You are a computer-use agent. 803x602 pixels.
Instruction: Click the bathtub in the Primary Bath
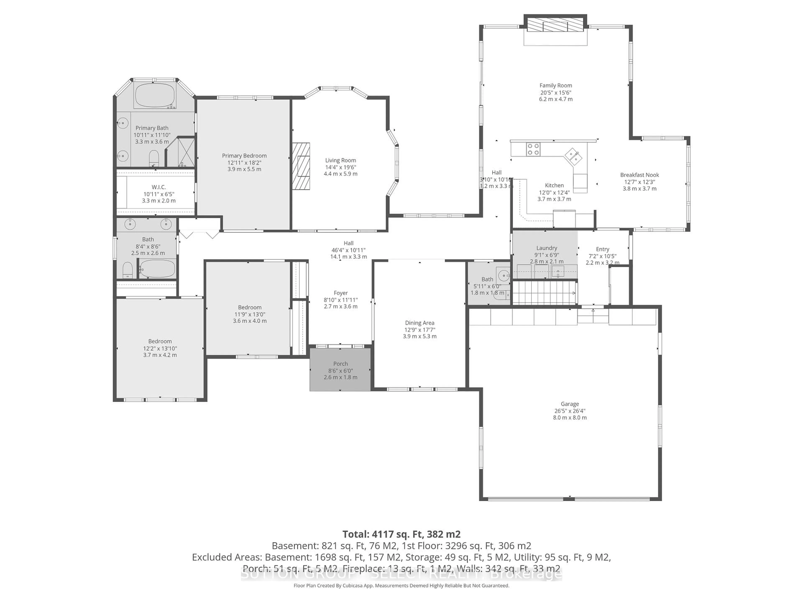[155, 96]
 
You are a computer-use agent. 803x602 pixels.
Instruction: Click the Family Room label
[555, 86]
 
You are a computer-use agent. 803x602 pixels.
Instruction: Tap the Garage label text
[570, 404]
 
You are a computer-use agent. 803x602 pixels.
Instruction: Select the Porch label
[340, 363]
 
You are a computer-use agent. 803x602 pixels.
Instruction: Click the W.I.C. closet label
[159, 187]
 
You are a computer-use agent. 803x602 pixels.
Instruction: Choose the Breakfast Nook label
[639, 175]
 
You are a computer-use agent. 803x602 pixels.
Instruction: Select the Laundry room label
[546, 248]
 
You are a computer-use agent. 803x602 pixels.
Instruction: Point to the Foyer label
[340, 293]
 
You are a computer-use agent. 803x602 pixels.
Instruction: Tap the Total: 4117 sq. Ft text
[401, 534]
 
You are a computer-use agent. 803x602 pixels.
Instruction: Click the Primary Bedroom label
[244, 156]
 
